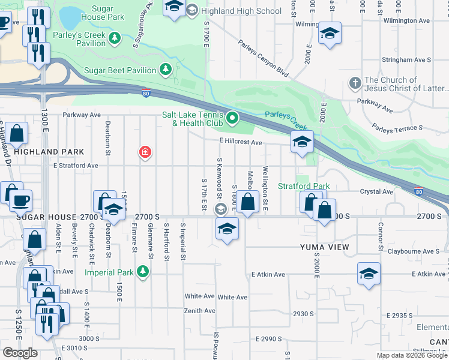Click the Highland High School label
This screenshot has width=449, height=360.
tap(241, 11)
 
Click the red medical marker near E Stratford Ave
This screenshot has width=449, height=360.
tap(145, 152)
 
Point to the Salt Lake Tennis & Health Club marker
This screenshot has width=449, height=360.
tap(234, 118)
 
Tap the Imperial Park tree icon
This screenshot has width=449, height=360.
tap(142, 272)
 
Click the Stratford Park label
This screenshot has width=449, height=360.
tap(304, 186)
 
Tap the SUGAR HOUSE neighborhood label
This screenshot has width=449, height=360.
tap(46, 217)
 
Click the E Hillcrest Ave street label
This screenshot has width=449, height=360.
tap(240, 143)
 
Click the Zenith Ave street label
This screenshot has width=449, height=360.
tap(200, 311)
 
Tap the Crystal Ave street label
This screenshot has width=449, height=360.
tap(376, 192)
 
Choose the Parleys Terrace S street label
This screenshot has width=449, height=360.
tap(397, 128)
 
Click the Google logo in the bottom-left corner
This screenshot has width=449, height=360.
tap(20, 353)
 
